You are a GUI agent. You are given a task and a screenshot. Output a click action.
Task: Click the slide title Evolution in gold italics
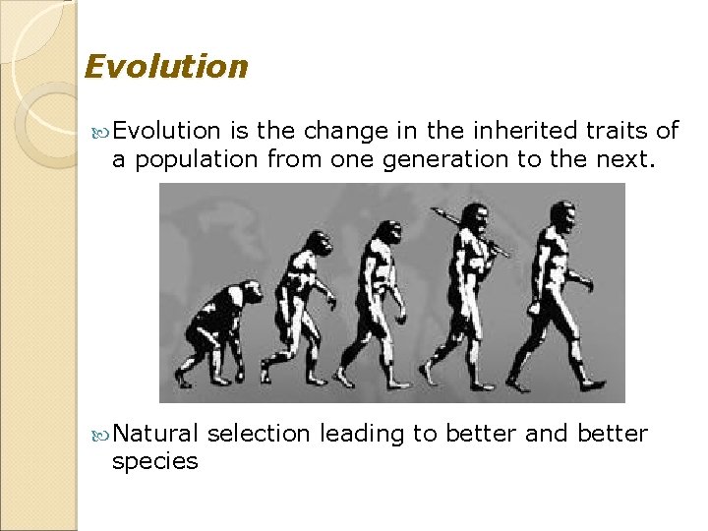[166, 67]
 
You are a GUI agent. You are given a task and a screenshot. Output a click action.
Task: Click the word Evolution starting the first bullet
[166, 131]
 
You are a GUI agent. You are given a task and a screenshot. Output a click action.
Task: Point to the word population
[197, 160]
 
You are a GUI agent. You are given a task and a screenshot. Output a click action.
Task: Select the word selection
[259, 434]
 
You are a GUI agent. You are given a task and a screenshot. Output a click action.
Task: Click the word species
[154, 462]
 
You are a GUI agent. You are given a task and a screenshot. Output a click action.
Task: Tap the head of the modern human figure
[562, 215]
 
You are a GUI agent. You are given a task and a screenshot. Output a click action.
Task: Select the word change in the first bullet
[336, 131]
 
